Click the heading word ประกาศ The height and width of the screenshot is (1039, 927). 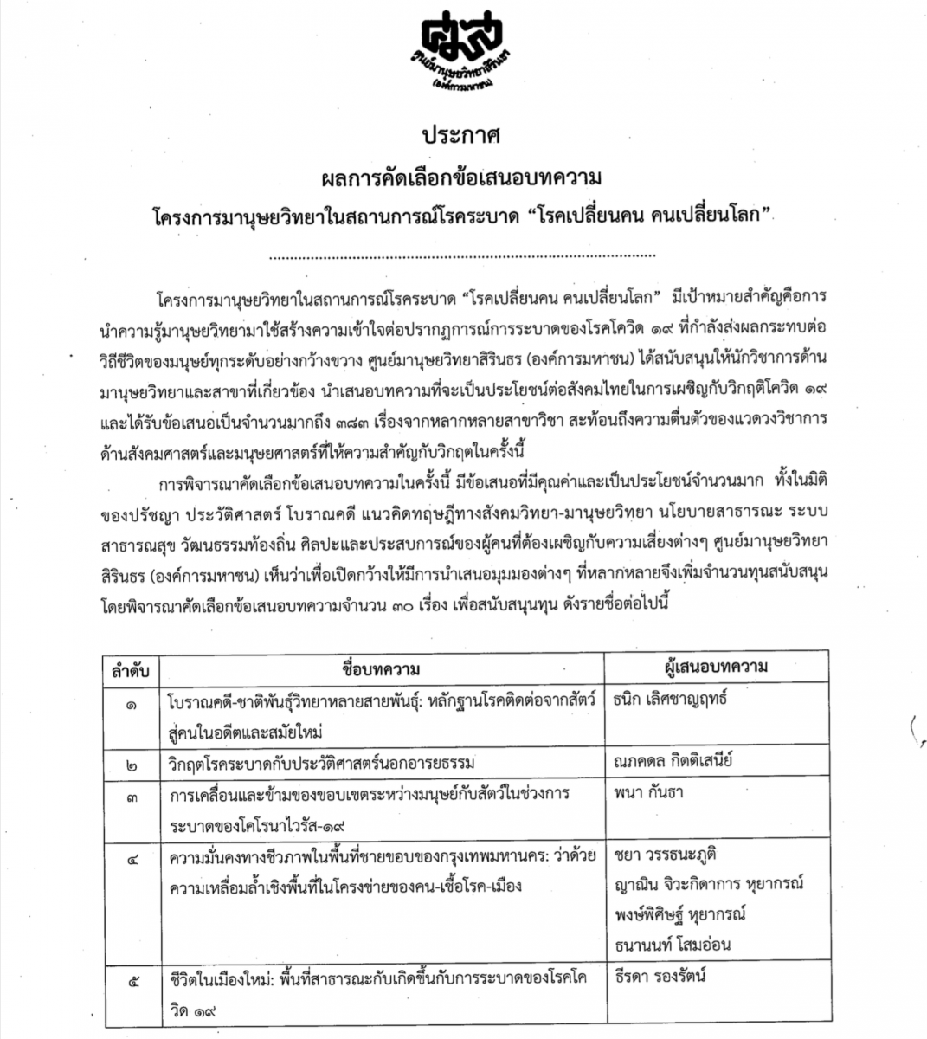462,137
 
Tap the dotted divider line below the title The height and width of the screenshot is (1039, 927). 463,256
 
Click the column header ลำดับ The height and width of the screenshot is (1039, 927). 128,668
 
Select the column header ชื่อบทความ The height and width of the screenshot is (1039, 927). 380,668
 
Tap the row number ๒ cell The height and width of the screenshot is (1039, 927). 131,764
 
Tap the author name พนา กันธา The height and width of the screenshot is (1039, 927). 642,794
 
